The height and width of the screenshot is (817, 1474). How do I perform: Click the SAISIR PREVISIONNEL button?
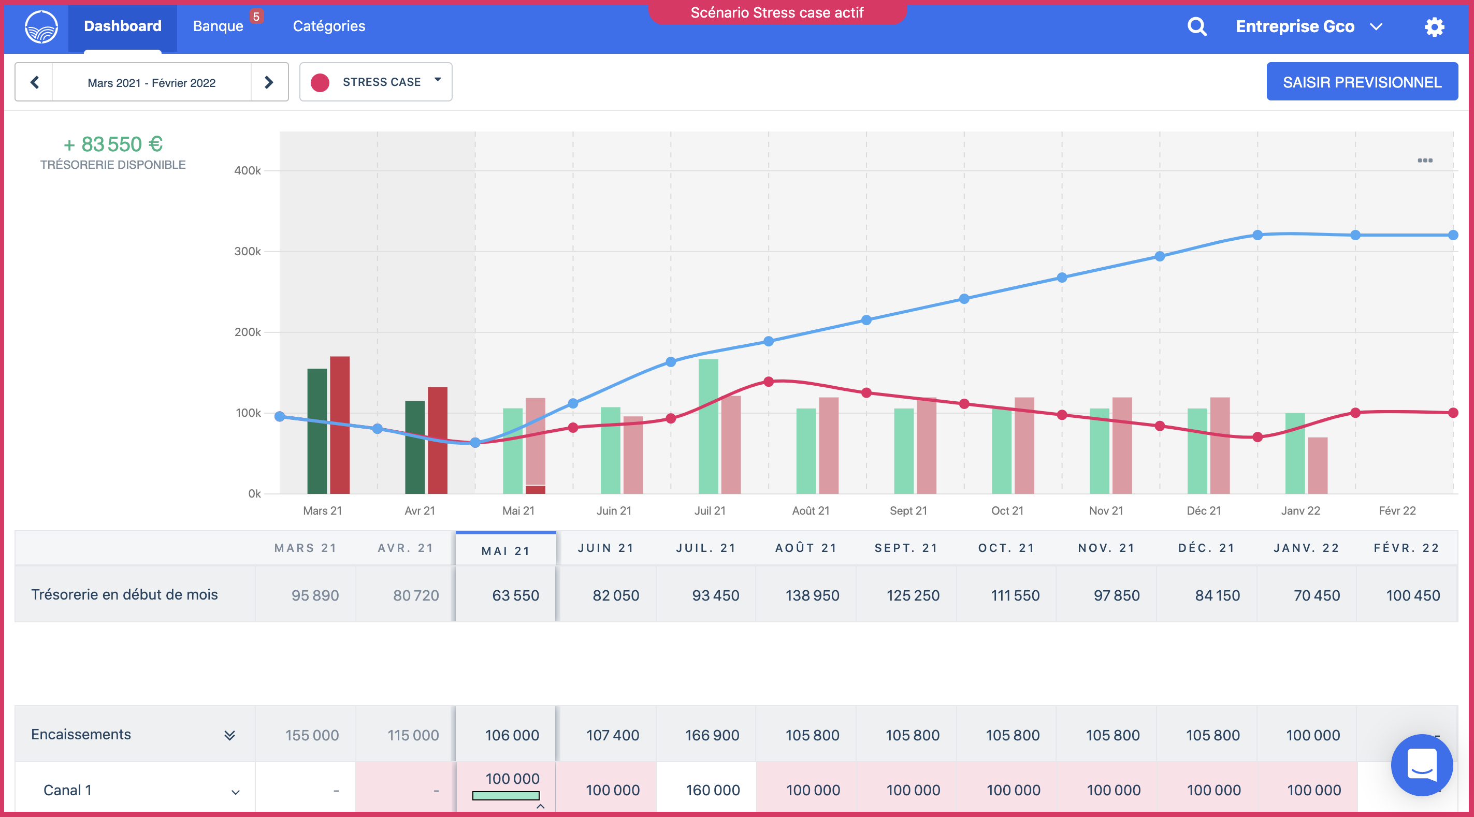1361,82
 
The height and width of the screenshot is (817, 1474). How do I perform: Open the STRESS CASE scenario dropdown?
376,82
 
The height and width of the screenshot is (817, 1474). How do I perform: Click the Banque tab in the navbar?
218,26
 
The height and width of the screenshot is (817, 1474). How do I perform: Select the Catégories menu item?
328,26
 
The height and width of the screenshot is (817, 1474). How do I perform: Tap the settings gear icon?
1434,27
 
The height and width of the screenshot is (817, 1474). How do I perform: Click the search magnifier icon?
1196,26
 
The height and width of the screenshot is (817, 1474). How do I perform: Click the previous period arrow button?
34,82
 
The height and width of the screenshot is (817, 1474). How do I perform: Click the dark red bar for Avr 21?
438,441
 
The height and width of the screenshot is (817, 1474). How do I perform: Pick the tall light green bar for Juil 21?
708,426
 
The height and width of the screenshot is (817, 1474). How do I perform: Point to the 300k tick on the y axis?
248,251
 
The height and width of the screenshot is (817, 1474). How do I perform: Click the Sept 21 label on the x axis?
908,510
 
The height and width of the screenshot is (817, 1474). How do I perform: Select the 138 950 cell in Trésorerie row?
812,595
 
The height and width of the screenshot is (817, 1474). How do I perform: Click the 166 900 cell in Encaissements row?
712,735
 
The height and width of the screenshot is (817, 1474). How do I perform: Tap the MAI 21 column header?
506,550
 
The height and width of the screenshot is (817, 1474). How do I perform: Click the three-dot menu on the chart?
1425,161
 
